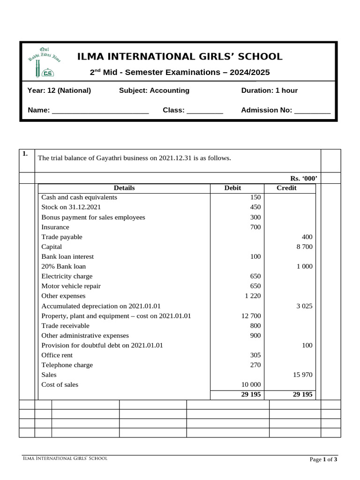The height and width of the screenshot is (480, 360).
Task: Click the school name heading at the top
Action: (x=180, y=57)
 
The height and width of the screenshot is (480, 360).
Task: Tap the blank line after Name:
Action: (x=100, y=111)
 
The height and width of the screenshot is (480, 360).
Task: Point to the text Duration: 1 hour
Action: (x=269, y=90)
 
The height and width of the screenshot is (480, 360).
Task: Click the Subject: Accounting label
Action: (x=154, y=90)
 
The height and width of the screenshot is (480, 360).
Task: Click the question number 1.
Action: (x=25, y=154)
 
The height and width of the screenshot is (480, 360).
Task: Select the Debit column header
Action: (x=232, y=188)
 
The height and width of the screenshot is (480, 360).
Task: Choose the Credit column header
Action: (x=286, y=188)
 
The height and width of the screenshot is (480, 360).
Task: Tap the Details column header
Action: (x=124, y=188)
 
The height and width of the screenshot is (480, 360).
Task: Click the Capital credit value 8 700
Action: (x=304, y=247)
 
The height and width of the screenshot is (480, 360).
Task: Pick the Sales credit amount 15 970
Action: (x=302, y=375)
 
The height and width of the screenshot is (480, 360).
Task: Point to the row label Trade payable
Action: (x=62, y=237)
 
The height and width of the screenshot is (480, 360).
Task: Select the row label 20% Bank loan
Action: (x=64, y=266)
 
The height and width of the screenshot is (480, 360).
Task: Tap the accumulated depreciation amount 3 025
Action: (x=304, y=306)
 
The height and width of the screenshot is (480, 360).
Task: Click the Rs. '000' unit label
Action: (x=304, y=178)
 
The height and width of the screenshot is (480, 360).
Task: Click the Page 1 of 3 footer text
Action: (x=323, y=459)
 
